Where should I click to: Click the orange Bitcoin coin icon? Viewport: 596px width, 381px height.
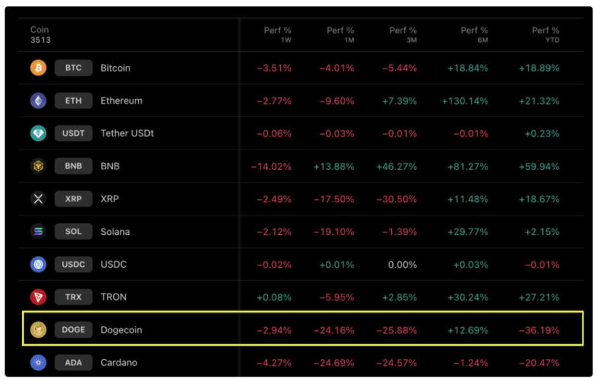(x=38, y=68)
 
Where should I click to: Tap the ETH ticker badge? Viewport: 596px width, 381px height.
(x=73, y=101)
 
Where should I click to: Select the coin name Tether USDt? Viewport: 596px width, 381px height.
(x=127, y=133)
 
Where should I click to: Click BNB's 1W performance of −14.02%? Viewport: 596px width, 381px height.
(x=271, y=166)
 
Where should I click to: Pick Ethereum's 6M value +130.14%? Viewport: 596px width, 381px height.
(x=464, y=101)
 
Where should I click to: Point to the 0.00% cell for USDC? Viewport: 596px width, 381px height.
(x=402, y=265)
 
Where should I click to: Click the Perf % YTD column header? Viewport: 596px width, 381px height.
(x=545, y=35)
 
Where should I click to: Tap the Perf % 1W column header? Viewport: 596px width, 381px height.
(x=277, y=35)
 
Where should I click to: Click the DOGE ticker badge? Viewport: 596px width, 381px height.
(x=73, y=330)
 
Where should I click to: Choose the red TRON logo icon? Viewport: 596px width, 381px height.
(x=38, y=297)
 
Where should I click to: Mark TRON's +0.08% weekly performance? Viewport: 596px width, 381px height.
(x=274, y=297)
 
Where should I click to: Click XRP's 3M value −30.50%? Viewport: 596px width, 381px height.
(x=397, y=199)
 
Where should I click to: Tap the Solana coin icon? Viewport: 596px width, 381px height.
(x=38, y=231)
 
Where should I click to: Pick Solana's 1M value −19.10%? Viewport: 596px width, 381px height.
(x=334, y=232)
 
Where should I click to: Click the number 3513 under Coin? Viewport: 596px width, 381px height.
(x=40, y=40)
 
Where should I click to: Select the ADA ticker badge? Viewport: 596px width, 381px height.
(x=73, y=362)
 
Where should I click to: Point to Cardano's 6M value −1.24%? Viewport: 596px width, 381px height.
(x=470, y=363)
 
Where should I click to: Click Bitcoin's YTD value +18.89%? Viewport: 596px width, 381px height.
(x=539, y=68)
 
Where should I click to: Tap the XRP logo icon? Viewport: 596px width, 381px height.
(x=38, y=199)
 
